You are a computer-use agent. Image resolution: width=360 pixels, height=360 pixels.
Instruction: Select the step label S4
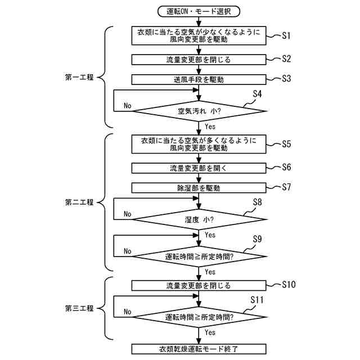tap(258, 94)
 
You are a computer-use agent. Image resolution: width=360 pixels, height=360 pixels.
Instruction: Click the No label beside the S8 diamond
tap(128, 214)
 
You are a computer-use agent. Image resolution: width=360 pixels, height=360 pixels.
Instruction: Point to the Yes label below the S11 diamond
tap(210, 332)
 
